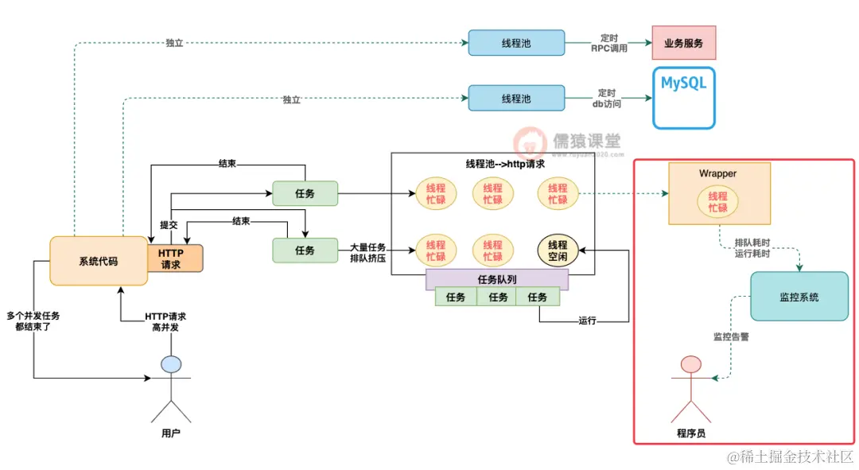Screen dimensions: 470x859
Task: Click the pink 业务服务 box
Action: tap(684, 43)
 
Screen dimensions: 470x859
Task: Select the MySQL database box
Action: tap(683, 99)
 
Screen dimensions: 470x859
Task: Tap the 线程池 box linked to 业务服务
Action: tap(515, 43)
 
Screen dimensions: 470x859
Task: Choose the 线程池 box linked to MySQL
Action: tap(515, 99)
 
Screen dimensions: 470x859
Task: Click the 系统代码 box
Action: tap(98, 261)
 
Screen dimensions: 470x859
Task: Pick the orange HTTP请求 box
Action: tap(175, 258)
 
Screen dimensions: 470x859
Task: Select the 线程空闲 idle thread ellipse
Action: tap(558, 251)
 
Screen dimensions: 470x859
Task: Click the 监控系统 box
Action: tap(798, 297)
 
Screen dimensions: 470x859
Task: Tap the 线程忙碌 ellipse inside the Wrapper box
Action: tap(717, 202)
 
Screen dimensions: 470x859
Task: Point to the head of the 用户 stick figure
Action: tap(171, 364)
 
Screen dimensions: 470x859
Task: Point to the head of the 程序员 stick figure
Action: tap(690, 365)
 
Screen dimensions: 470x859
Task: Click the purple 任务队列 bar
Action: tap(498, 279)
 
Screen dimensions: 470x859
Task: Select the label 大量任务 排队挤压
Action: tap(367, 253)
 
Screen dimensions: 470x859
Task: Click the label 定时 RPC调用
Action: tap(608, 43)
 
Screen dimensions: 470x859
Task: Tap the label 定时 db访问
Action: tap(607, 99)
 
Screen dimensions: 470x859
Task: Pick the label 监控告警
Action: tap(730, 336)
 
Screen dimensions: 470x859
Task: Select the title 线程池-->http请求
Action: tap(505, 164)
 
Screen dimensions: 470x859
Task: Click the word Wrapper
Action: tap(717, 173)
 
